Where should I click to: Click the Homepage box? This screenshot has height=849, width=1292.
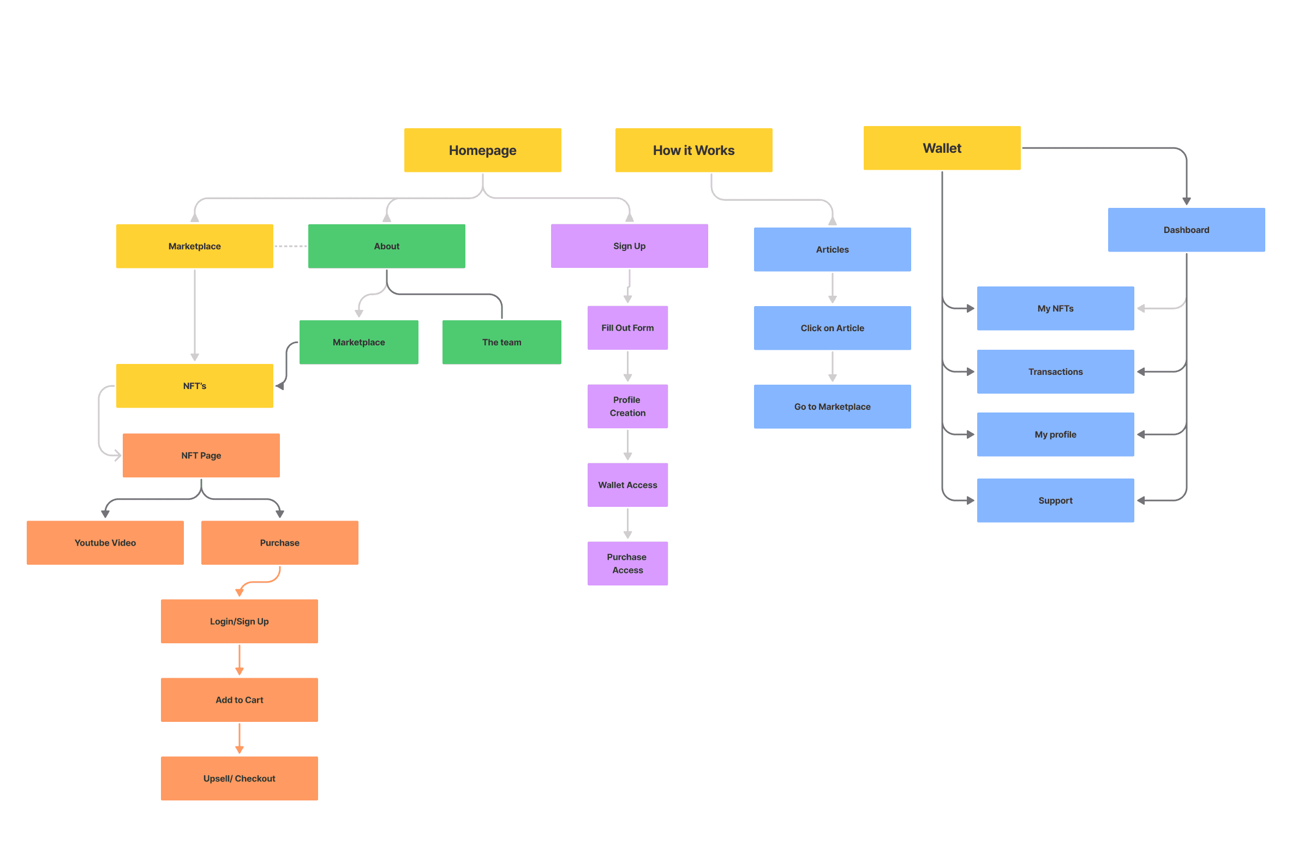point(482,150)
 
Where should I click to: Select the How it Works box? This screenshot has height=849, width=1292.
point(693,150)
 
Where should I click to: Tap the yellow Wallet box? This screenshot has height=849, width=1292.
point(942,148)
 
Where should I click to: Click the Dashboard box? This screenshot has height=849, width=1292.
point(1186,230)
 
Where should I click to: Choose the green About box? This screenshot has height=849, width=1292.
point(386,246)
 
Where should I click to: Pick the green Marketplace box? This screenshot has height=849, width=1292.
point(358,342)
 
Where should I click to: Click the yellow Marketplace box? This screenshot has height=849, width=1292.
point(194,246)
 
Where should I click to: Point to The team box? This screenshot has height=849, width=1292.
point(501,342)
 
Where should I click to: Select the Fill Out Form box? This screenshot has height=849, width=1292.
point(627,328)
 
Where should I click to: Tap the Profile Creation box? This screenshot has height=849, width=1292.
point(627,406)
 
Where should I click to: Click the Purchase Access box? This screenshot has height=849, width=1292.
point(627,564)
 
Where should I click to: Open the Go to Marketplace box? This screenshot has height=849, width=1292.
point(832,406)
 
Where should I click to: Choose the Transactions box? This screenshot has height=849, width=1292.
point(1055,372)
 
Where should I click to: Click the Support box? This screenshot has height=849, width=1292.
point(1055,500)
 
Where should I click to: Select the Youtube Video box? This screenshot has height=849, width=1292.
point(105,543)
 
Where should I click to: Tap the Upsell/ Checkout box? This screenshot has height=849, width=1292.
point(239,779)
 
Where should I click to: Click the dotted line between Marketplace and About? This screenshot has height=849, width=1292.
point(290,246)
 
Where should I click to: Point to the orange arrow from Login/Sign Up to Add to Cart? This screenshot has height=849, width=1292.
point(239,659)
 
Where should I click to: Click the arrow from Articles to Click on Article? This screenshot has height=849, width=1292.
point(832,288)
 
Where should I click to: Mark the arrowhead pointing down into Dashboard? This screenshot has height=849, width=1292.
point(1186,201)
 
